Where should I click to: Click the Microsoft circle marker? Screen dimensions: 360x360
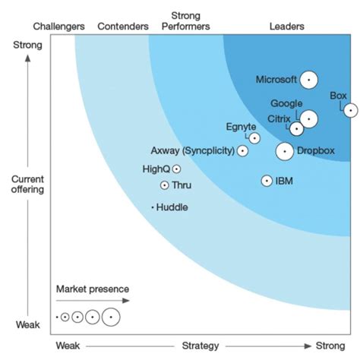pyautogui.click(x=308, y=80)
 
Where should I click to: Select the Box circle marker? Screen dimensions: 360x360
pyautogui.click(x=350, y=110)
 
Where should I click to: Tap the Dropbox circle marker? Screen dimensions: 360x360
pyautogui.click(x=285, y=151)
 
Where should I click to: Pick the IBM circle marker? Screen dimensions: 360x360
pyautogui.click(x=267, y=181)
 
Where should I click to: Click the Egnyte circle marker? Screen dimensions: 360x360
pyautogui.click(x=254, y=138)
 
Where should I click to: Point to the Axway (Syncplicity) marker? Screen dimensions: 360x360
pyautogui.click(x=242, y=151)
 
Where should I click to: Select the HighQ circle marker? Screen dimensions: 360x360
pyautogui.click(x=176, y=169)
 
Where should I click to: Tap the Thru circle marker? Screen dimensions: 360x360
pyautogui.click(x=164, y=185)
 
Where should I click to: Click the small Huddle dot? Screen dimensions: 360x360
pyautogui.click(x=153, y=207)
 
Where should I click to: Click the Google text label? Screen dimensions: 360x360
pyautogui.click(x=286, y=104)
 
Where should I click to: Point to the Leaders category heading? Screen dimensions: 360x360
pyautogui.click(x=287, y=27)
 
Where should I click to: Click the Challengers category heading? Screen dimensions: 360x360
pyautogui.click(x=59, y=27)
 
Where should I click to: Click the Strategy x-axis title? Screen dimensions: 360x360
pyautogui.click(x=201, y=346)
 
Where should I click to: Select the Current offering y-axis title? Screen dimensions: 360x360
pyautogui.click(x=27, y=185)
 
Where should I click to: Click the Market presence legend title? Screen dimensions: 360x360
pyautogui.click(x=92, y=289)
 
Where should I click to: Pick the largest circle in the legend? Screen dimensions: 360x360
pyautogui.click(x=111, y=316)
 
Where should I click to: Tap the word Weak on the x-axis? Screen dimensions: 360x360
pyautogui.click(x=68, y=346)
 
